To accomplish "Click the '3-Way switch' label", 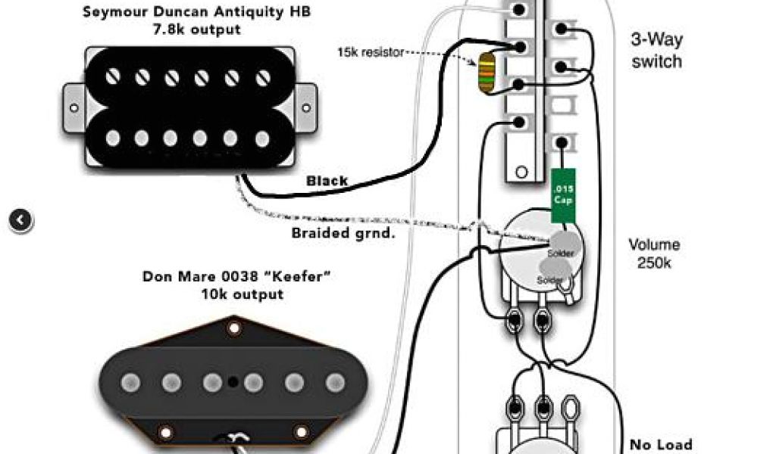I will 656,50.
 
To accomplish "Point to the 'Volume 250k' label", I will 654,254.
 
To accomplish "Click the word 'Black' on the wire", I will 327,182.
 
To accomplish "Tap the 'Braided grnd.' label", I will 343,233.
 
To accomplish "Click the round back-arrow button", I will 21,220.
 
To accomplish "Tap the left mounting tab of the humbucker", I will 73,107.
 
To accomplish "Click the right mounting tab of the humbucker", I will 305,107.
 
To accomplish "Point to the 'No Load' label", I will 661,445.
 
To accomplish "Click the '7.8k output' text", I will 196,30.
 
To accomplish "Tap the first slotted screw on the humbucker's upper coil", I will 113,76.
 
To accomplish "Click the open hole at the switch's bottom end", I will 521,171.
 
